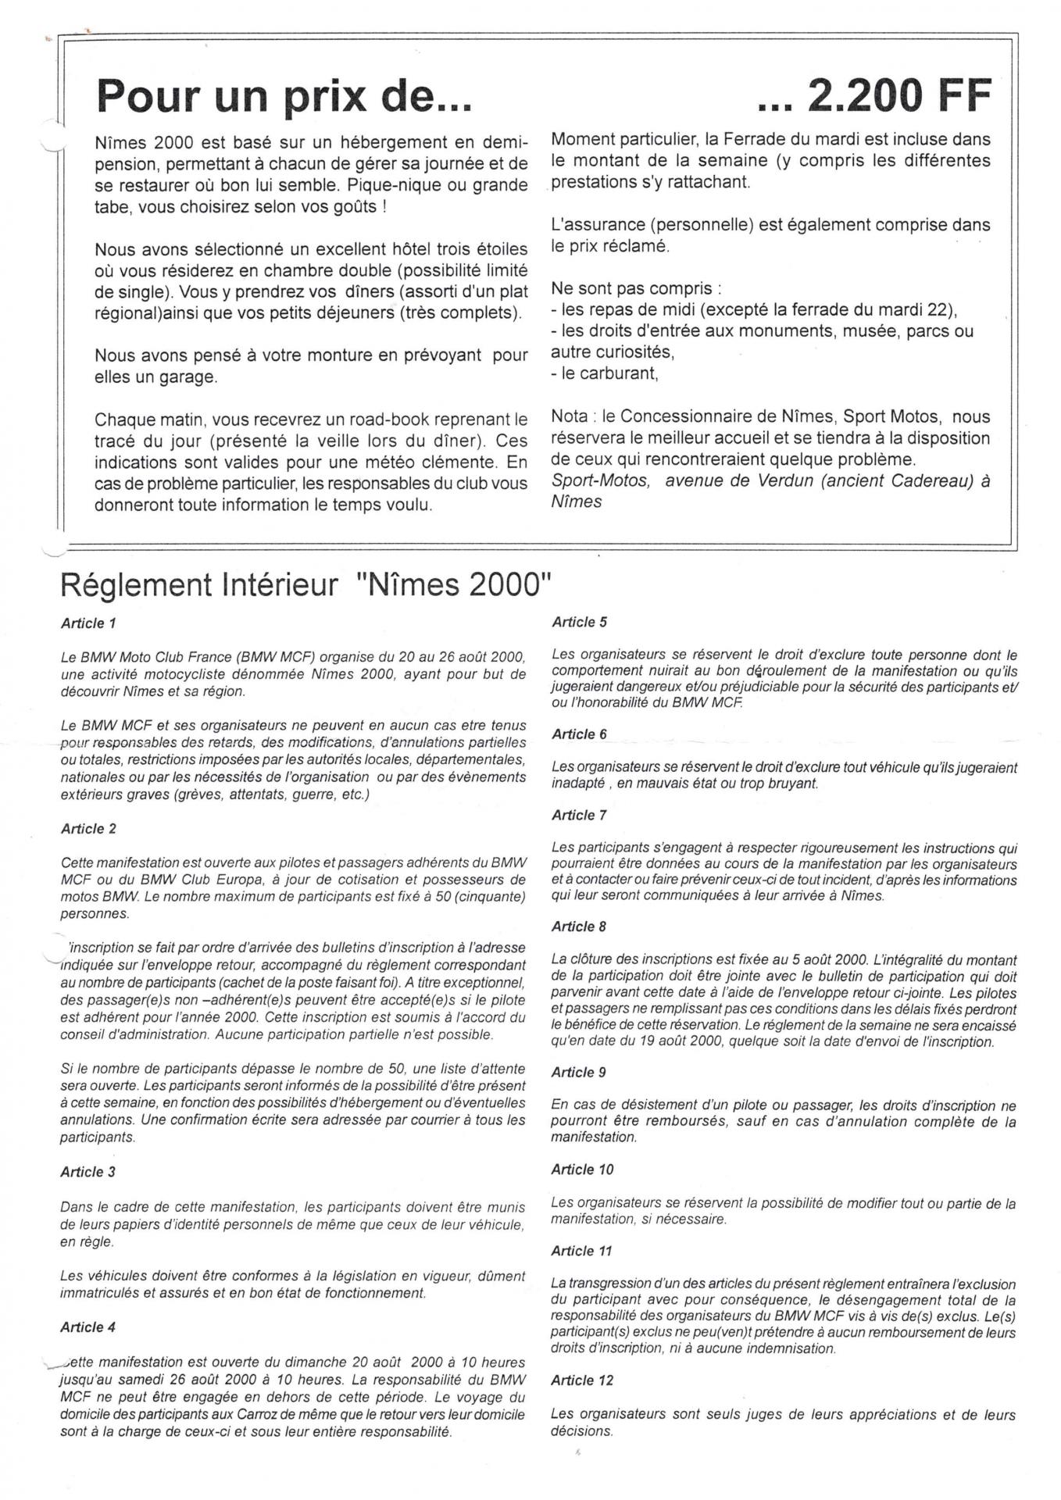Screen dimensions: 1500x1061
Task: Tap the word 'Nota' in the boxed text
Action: (570, 416)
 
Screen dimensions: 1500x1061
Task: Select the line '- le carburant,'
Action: (605, 373)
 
